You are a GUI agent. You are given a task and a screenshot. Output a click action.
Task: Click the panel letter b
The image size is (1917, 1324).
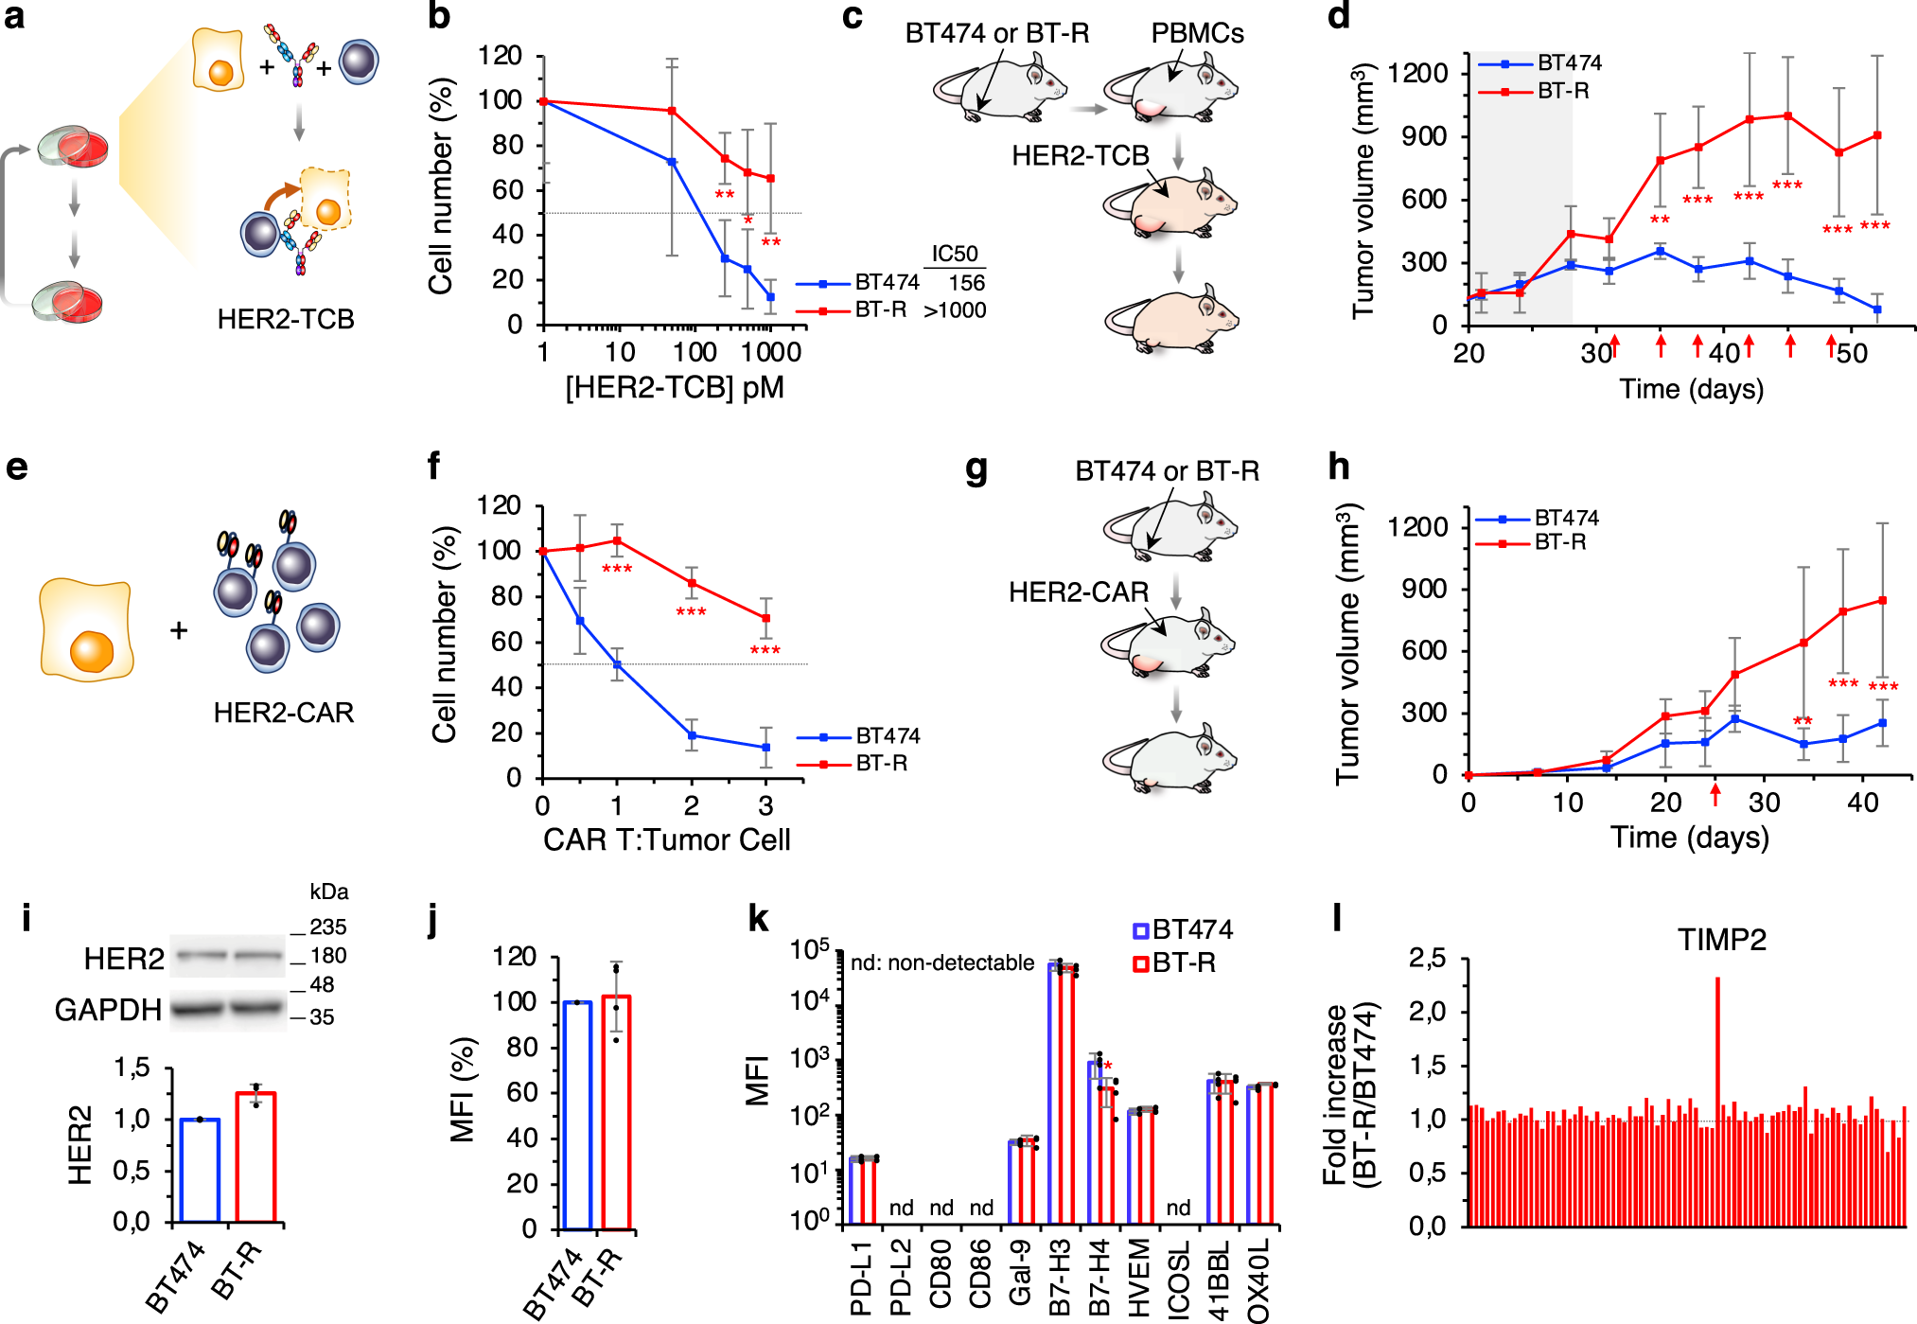pyautogui.click(x=439, y=16)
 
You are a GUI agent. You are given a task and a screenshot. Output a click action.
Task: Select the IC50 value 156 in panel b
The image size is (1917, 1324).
pyautogui.click(x=966, y=283)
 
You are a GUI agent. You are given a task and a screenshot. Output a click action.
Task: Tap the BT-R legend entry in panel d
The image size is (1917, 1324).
pyautogui.click(x=1562, y=91)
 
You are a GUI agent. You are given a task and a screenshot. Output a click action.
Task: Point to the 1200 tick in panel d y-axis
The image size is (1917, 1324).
pyautogui.click(x=1416, y=73)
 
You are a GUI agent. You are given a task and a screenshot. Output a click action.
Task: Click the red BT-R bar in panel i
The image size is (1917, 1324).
pyautogui.click(x=255, y=1156)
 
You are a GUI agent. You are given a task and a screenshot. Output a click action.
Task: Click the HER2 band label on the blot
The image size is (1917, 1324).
pyautogui.click(x=123, y=959)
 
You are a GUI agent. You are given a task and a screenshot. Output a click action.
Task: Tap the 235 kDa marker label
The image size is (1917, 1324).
pyautogui.click(x=327, y=927)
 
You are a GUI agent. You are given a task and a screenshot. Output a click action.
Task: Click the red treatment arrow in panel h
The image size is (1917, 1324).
pyautogui.click(x=1715, y=794)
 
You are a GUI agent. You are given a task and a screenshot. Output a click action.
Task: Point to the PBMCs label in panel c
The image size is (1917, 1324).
pyautogui.click(x=1197, y=33)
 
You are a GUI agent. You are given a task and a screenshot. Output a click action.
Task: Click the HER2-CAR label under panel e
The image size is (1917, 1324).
pyautogui.click(x=283, y=712)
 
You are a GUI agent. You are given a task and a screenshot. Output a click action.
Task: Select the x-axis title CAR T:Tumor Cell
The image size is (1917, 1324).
pyautogui.click(x=666, y=839)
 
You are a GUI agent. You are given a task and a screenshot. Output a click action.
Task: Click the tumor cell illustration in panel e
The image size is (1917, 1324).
pyautogui.click(x=86, y=631)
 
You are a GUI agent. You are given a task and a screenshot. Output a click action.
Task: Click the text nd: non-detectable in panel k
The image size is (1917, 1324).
pyautogui.click(x=941, y=962)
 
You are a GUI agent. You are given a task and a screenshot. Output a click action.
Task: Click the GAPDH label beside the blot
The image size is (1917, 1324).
pyautogui.click(x=107, y=1010)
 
